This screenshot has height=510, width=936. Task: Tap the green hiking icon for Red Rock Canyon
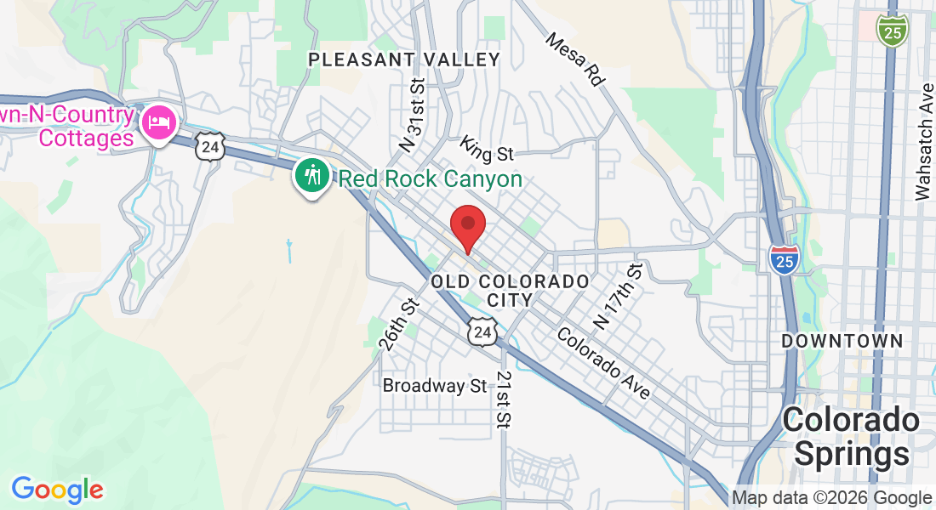click(313, 176)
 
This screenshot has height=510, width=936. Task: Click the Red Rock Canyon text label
click(430, 179)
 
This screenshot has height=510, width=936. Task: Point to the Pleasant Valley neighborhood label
click(404, 59)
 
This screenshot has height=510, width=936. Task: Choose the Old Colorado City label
click(511, 290)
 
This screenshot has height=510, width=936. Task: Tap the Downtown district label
click(842, 341)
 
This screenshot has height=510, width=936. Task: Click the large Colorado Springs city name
click(851, 437)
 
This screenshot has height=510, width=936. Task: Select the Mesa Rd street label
click(574, 59)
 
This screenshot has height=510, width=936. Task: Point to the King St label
click(488, 149)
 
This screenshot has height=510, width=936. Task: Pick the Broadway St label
click(435, 386)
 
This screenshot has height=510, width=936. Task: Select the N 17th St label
click(615, 297)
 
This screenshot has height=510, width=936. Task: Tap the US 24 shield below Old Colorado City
click(482, 331)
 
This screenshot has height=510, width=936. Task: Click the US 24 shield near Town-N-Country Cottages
click(209, 146)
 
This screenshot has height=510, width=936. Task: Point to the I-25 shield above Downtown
click(783, 258)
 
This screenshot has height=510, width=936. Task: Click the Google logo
click(57, 490)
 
